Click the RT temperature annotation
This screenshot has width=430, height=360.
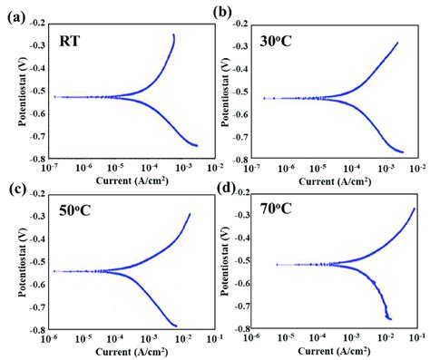tap(69, 39)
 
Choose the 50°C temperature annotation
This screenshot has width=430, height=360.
tap(70, 215)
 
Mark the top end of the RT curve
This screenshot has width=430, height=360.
tap(173, 35)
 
